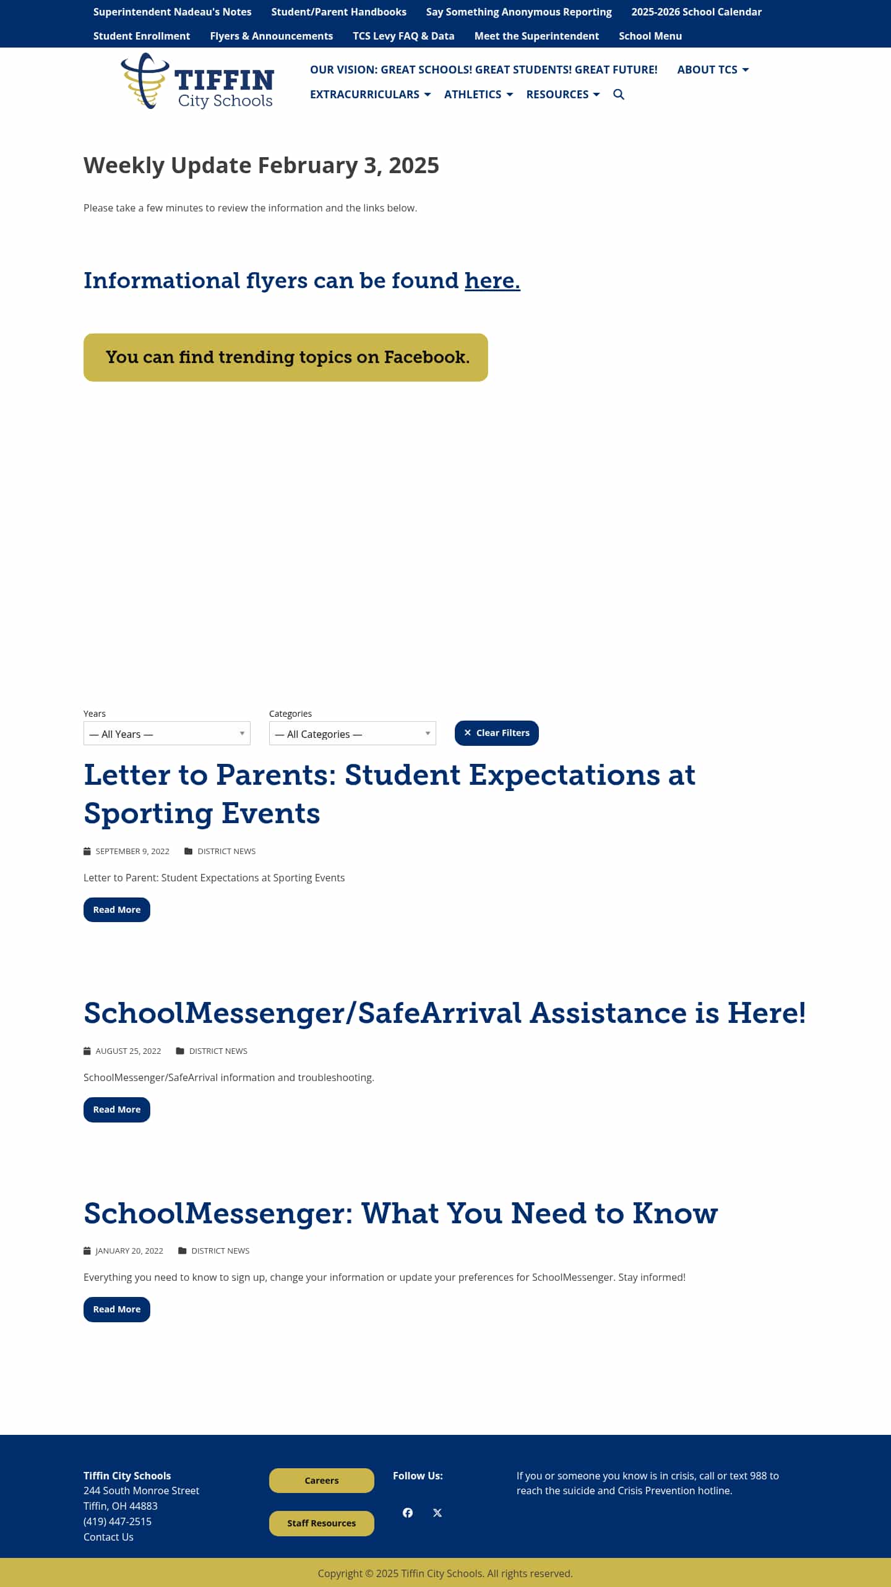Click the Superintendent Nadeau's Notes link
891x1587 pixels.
[172, 12]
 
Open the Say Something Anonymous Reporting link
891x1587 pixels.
[519, 12]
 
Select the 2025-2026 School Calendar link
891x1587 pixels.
[696, 12]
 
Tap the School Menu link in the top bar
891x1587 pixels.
[650, 36]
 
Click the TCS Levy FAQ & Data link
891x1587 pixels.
[403, 36]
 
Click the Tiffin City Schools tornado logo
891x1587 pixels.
[145, 81]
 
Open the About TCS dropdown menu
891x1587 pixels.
[713, 70]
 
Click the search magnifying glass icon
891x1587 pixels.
[619, 95]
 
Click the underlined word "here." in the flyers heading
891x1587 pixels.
[492, 281]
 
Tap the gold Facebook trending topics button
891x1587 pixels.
[285, 357]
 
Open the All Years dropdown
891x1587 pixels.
[166, 734]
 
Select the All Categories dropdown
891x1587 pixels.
[352, 734]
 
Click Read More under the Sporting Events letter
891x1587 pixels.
[116, 910]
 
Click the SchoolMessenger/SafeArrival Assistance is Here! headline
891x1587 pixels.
[444, 1013]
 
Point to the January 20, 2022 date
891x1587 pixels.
[129, 1251]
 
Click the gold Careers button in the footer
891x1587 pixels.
[321, 1481]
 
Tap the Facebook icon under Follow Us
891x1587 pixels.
[408, 1513]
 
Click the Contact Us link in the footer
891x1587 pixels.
[108, 1537]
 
